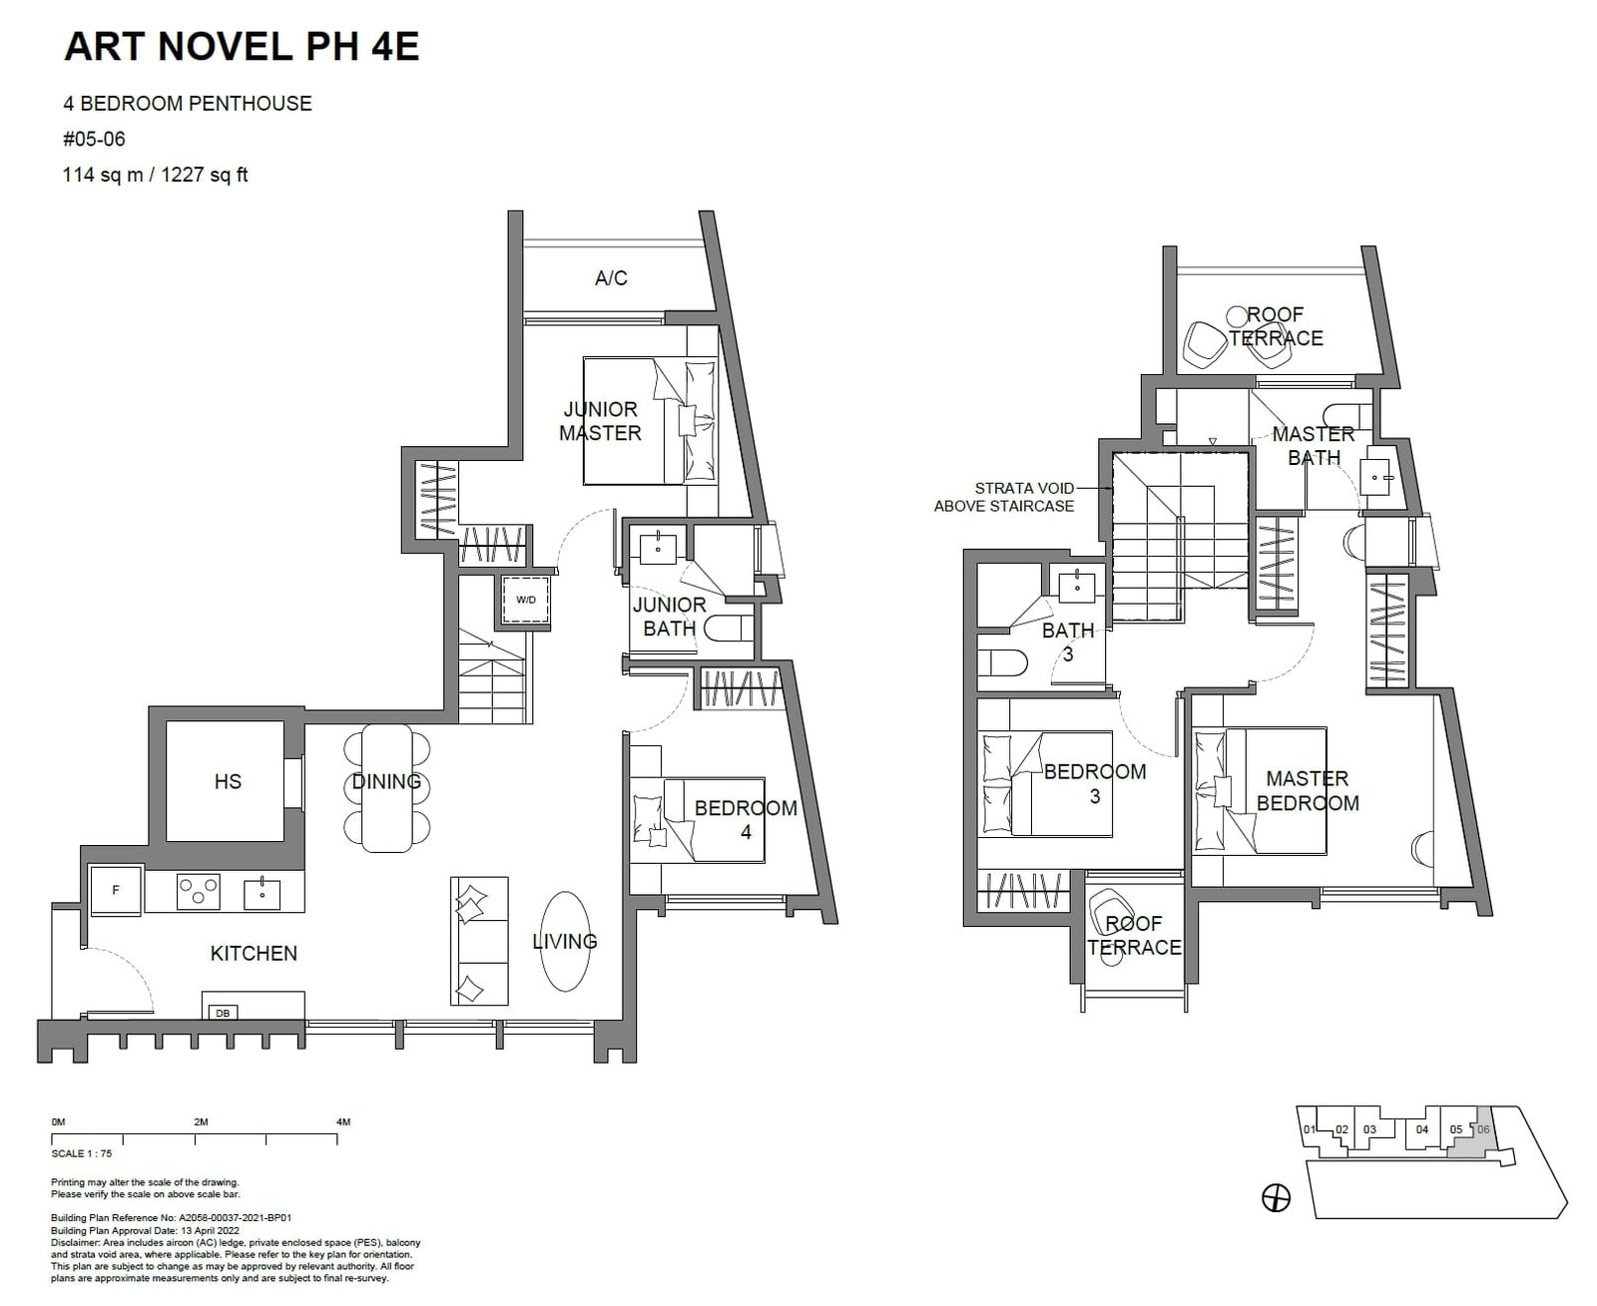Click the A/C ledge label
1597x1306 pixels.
click(611, 278)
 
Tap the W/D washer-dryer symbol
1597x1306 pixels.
click(525, 600)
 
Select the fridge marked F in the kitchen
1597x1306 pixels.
click(116, 890)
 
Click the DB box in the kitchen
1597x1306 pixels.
click(223, 1013)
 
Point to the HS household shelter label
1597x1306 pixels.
click(228, 781)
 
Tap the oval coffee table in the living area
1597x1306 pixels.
click(565, 941)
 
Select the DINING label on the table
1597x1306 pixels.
click(386, 782)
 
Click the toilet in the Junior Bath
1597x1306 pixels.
click(729, 630)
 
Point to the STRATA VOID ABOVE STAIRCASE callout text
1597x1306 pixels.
click(1004, 497)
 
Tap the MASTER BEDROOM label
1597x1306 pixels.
click(1307, 790)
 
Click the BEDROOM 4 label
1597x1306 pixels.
click(746, 819)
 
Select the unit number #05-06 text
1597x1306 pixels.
click(95, 140)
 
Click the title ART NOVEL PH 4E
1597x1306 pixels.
click(241, 47)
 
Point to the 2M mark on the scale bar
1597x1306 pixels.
click(201, 1122)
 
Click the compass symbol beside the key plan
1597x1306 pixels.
click(1277, 1197)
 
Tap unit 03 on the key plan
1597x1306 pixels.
click(1369, 1130)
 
